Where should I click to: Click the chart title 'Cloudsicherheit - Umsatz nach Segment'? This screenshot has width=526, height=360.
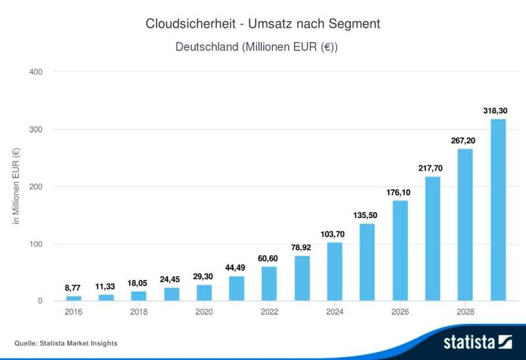(263, 24)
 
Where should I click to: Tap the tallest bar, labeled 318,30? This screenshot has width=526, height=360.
(498, 210)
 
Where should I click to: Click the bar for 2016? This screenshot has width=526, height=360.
(74, 299)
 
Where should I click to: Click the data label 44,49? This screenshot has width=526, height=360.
(237, 268)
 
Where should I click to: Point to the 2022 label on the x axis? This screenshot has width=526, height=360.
(269, 313)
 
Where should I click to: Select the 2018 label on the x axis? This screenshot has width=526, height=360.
(139, 313)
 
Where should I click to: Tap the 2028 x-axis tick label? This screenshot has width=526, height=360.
(465, 313)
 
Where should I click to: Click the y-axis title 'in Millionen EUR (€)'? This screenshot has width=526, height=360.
(17, 187)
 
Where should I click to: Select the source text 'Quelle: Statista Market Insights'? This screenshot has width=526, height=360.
(66, 343)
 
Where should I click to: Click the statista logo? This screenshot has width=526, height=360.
(477, 342)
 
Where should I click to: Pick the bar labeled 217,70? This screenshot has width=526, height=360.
(433, 239)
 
